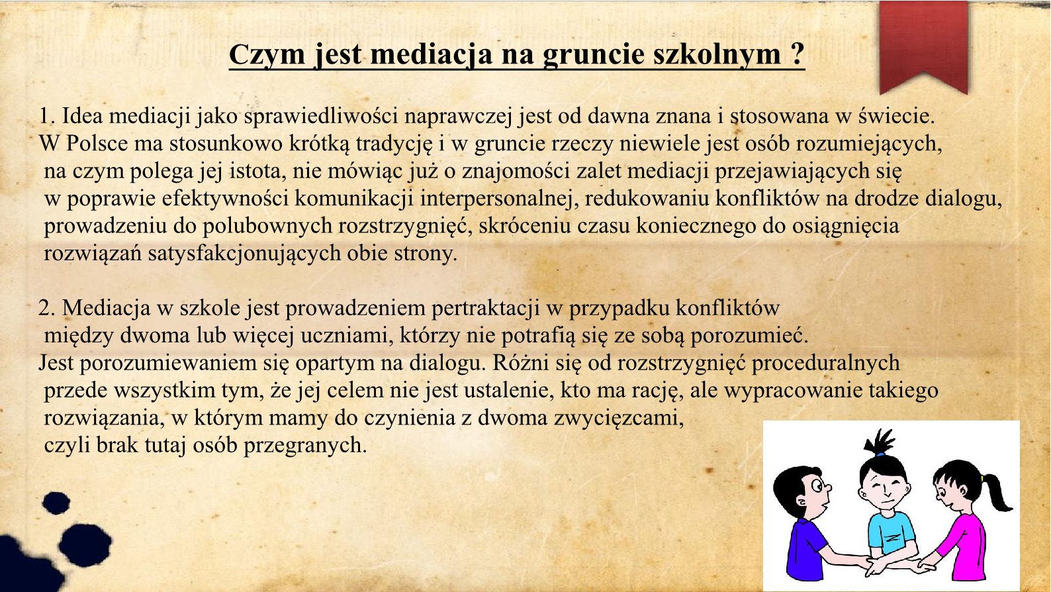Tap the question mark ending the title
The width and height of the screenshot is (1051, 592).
click(797, 54)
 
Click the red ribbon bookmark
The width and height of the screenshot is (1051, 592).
click(923, 47)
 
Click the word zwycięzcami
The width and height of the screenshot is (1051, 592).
click(619, 419)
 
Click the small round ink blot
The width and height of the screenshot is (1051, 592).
click(56, 503)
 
